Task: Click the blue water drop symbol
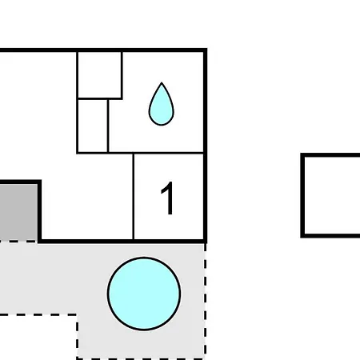[162, 106]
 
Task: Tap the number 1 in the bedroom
[168, 198]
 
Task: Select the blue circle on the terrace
[144, 294]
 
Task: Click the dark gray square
[18, 212]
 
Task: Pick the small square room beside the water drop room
[99, 75]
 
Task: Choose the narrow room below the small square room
[93, 126]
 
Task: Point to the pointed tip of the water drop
[162, 82]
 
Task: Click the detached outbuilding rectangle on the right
[330, 195]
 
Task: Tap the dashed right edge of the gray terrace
[205, 300]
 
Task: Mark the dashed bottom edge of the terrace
[141, 358]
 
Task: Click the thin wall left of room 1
[134, 196]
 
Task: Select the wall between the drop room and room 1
[169, 153]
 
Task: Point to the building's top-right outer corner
[207, 49]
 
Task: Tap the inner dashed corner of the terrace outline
[78, 314]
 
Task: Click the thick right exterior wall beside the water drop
[206, 102]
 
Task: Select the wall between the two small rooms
[99, 98]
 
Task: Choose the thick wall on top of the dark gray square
[19, 182]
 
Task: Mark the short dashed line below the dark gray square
[18, 242]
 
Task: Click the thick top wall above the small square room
[99, 50]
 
